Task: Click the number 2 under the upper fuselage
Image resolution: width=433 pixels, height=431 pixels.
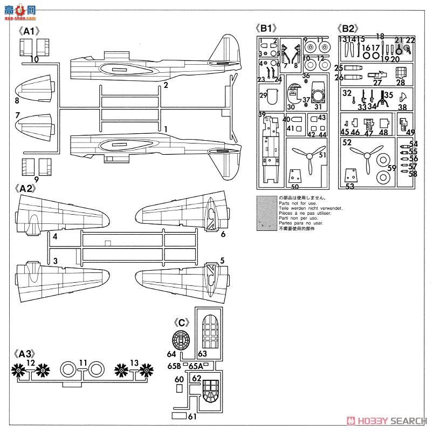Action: click(x=166, y=85)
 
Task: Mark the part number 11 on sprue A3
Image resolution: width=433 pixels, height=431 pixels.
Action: click(x=83, y=362)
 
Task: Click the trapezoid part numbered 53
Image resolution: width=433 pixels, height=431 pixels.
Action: click(x=351, y=176)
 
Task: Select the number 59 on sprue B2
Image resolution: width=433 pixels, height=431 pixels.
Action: click(x=392, y=168)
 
